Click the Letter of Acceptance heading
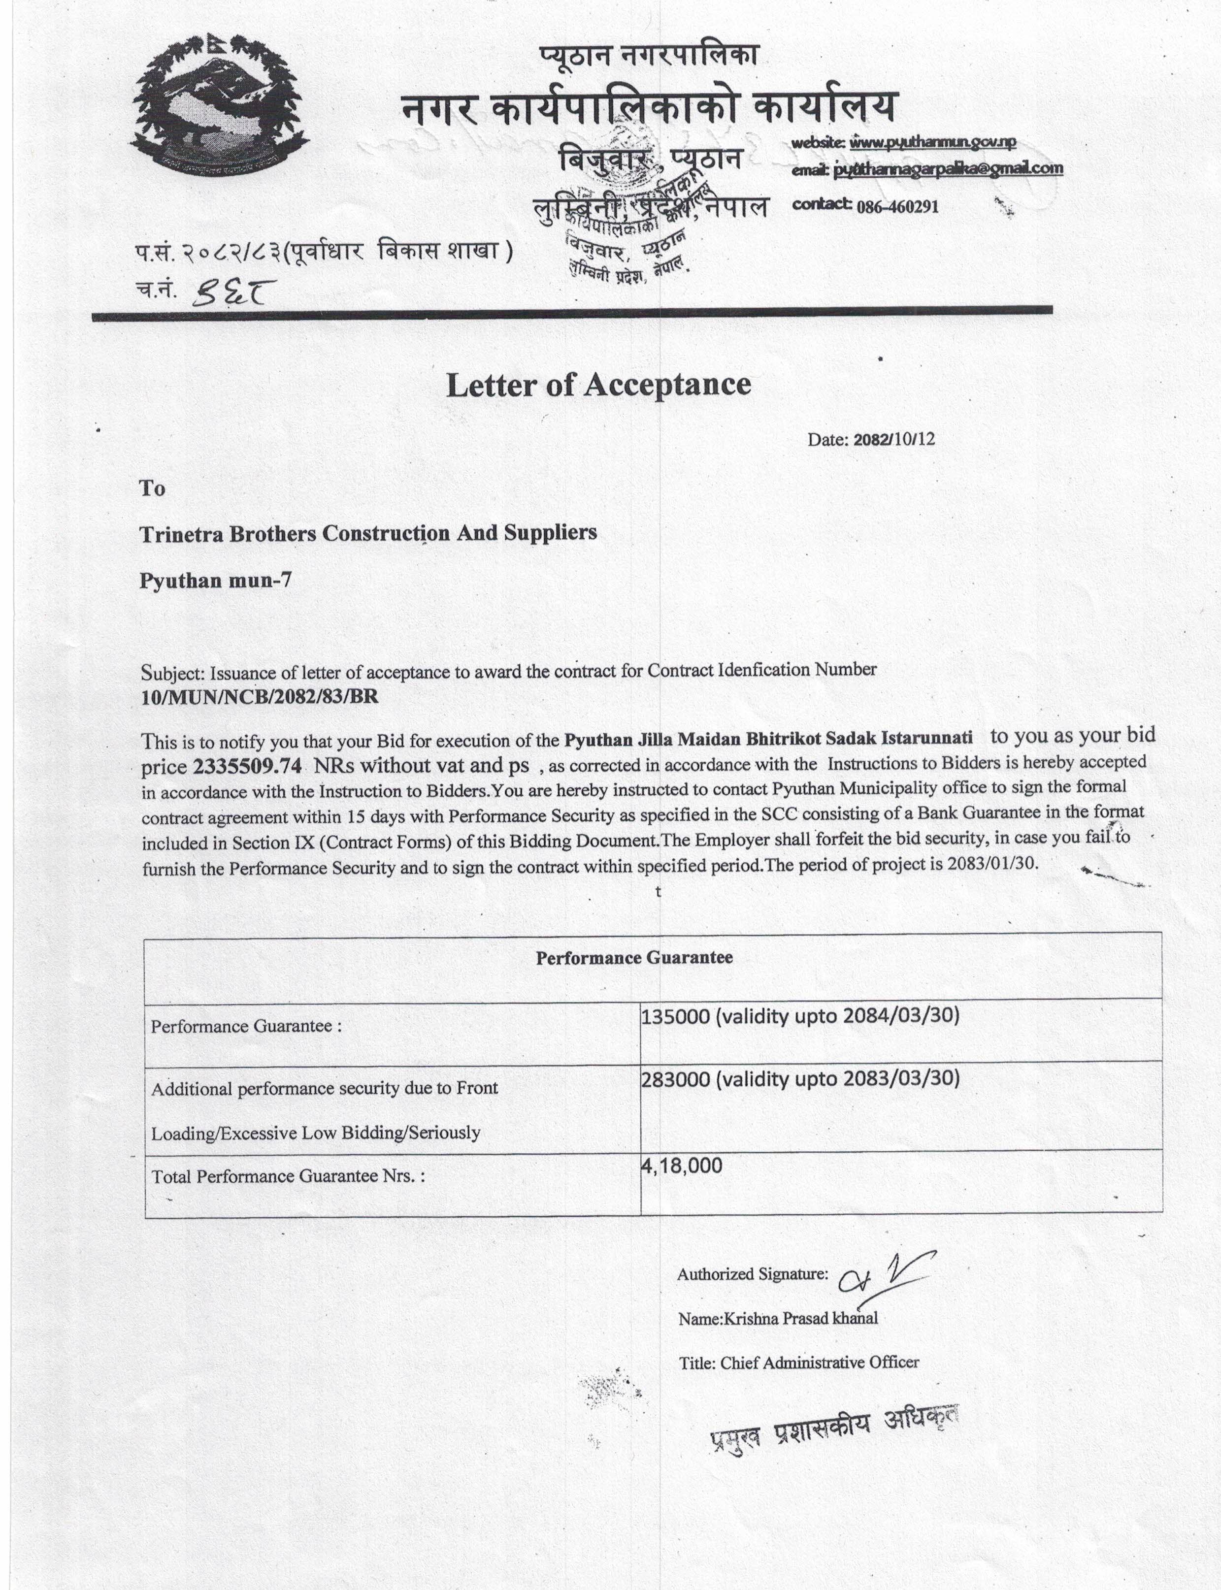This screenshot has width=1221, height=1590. [x=598, y=385]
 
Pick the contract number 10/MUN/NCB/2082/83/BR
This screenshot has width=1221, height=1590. [x=260, y=696]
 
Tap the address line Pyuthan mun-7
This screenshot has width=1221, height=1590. [x=216, y=581]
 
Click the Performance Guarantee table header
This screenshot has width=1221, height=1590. [x=634, y=958]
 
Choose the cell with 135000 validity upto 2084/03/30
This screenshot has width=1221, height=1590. [x=799, y=1016]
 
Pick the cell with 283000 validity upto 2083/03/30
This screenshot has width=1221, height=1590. [x=799, y=1079]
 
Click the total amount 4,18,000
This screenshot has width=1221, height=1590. [x=682, y=1166]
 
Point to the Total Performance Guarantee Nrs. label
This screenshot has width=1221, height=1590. [x=288, y=1176]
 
